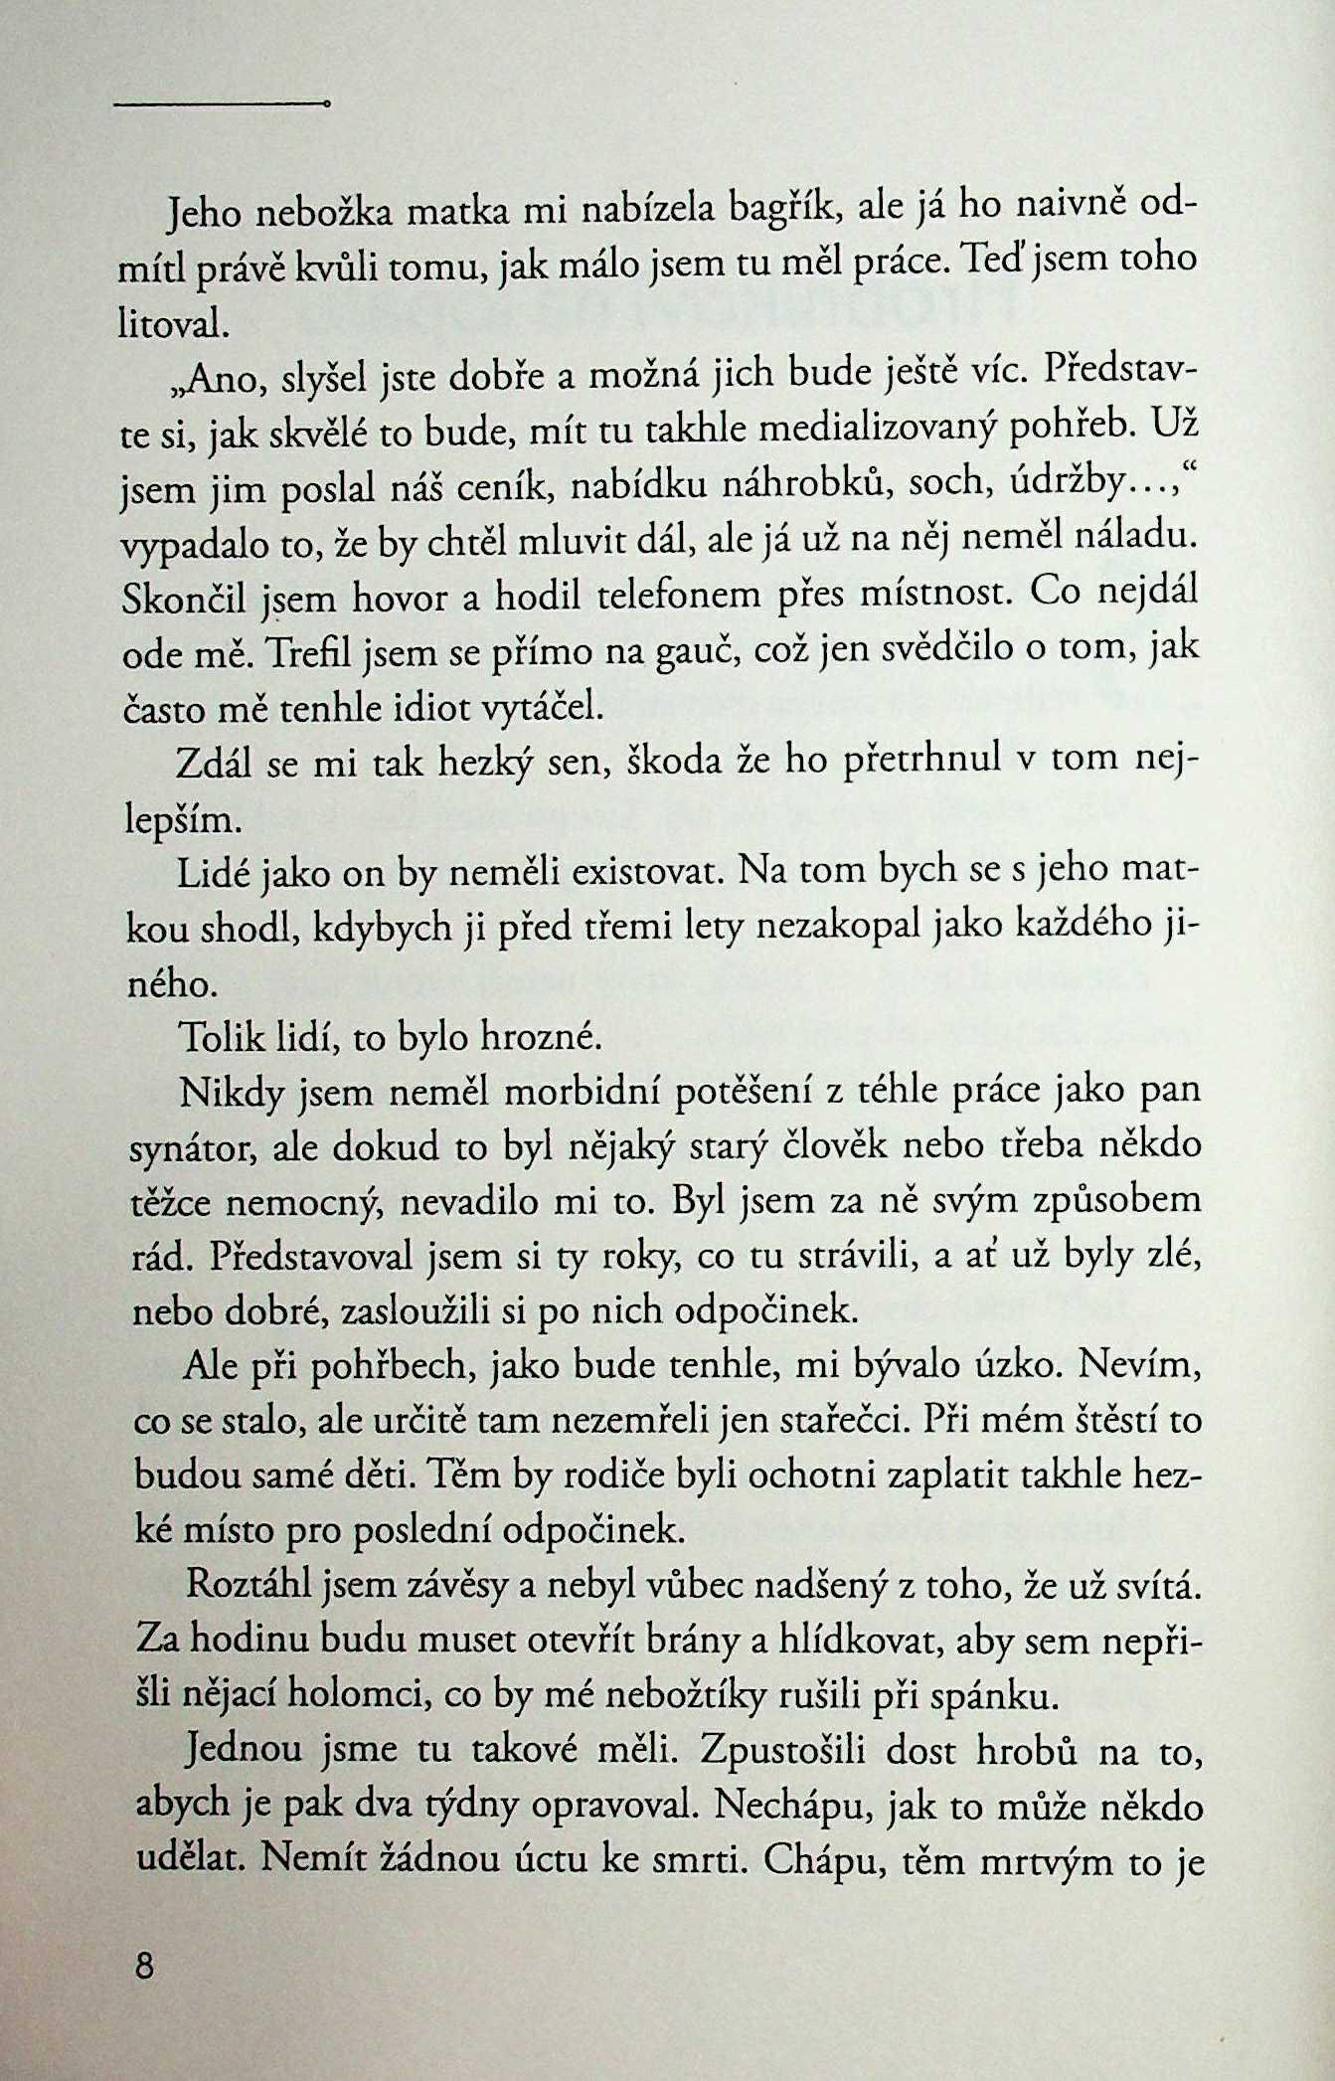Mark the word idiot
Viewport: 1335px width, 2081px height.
(x=419, y=709)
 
